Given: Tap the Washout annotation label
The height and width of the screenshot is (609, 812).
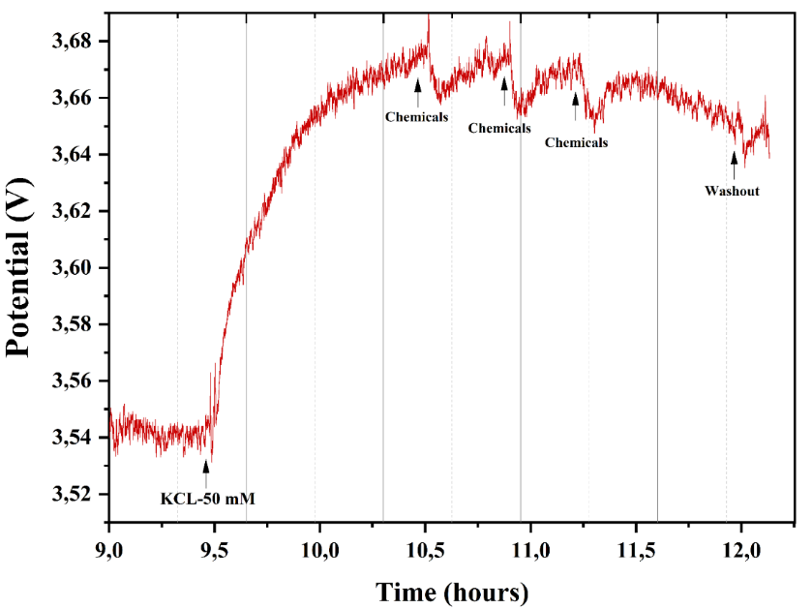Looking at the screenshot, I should (732, 191).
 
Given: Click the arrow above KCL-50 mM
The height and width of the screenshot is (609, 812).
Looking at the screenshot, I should (205, 472).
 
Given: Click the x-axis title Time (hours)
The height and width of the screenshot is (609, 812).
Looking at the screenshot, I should (452, 592).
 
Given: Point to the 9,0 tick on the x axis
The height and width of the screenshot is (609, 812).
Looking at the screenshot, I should (109, 549).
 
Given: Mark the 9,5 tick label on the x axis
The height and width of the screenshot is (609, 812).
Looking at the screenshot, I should (214, 549).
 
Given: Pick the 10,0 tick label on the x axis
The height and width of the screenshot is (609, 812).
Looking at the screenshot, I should (319, 549).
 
